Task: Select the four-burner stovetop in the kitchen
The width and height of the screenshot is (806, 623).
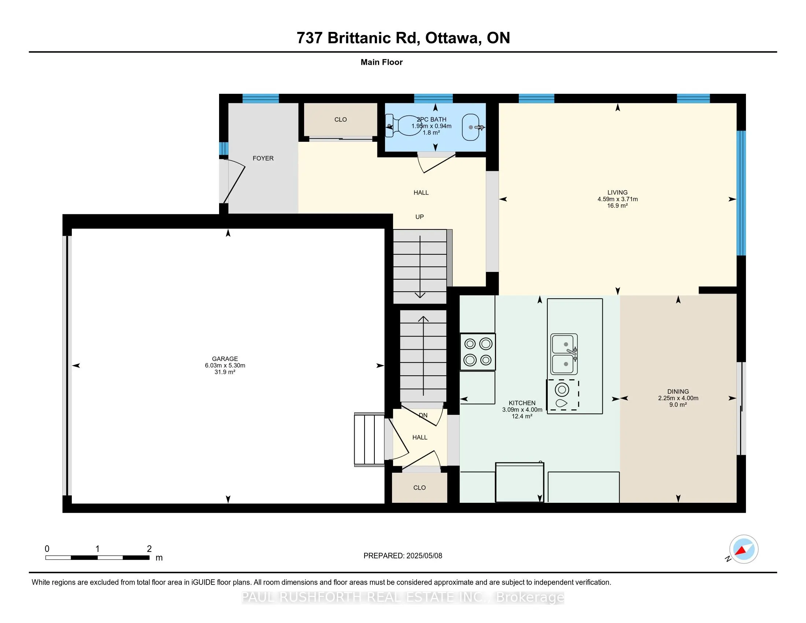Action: coord(477,352)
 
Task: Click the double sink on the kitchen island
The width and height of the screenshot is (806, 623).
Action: coord(564,354)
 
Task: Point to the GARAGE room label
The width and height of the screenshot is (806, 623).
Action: coord(225,359)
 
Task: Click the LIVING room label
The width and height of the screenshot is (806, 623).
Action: coord(617,192)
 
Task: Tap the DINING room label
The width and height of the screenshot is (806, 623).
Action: coord(678,392)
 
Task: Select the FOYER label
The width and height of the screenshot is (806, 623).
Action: coord(263,158)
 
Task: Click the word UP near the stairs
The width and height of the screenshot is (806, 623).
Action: coord(419,217)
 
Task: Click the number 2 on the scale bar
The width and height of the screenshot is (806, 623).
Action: coord(149,549)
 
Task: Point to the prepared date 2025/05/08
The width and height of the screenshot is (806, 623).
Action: coord(424,556)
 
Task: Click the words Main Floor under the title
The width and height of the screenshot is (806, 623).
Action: coord(382,62)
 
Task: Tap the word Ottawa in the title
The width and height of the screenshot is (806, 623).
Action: coord(453,38)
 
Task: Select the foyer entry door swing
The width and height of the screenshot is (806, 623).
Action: coord(234,181)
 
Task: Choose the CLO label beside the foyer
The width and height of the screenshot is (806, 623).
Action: coord(341,119)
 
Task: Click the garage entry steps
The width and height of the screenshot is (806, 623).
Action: coord(369,439)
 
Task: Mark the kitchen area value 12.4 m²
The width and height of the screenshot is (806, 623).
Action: coord(522,416)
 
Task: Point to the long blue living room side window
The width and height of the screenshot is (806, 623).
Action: coord(741,193)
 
